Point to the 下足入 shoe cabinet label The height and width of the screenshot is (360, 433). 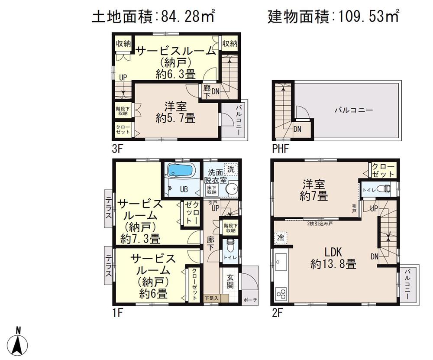tap(211, 298)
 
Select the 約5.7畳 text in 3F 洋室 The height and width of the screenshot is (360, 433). tap(175, 117)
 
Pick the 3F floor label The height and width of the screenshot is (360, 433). tap(118, 150)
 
